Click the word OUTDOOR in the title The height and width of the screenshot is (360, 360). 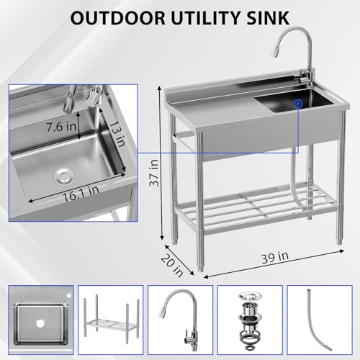click(x=118, y=18)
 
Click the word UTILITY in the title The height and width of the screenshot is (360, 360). click(x=205, y=18)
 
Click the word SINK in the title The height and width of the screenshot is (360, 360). click(x=268, y=18)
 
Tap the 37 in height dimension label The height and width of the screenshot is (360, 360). click(x=154, y=173)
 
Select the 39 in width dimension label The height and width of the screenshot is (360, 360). click(x=275, y=257)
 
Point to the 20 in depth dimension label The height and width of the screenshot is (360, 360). click(x=172, y=265)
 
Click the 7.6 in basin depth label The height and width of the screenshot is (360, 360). click(x=61, y=127)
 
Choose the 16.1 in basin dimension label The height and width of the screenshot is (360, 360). click(x=81, y=194)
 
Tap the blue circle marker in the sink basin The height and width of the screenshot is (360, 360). click(x=298, y=104)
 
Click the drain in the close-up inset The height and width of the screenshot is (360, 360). click(x=64, y=177)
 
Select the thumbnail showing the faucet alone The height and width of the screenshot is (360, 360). click(x=180, y=320)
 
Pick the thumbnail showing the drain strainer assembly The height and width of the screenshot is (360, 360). click(x=250, y=320)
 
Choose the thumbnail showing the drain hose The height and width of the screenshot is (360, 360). click(x=320, y=320)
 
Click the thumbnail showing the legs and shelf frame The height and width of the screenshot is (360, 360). click(x=111, y=320)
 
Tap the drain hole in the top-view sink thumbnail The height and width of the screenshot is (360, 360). click(x=40, y=323)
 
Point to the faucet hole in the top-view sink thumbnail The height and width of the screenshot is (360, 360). click(x=69, y=296)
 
